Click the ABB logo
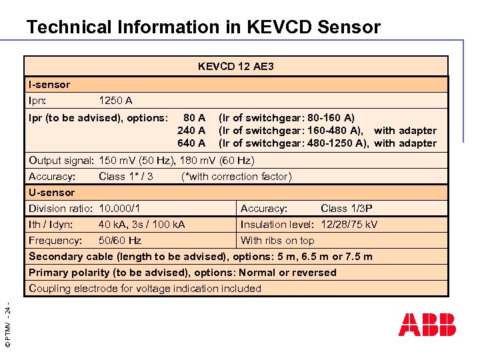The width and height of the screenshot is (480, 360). coord(427,325)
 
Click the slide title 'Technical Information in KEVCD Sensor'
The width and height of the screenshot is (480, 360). coord(203,27)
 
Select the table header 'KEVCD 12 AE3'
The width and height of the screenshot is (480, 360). coord(236,67)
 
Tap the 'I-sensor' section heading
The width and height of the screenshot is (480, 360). coord(49,85)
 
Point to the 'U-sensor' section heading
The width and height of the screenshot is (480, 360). coord(52,193)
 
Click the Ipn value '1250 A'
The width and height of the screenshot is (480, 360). coord(115,101)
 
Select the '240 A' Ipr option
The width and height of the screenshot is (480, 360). coord(191,131)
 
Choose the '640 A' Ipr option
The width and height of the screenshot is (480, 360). coord(191,143)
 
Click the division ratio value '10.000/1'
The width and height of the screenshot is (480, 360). coord(119,209)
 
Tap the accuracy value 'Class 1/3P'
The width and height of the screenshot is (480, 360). coord(347,209)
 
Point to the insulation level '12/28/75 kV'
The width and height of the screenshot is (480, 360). coord(349,225)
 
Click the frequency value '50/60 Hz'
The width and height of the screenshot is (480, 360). coord(120,241)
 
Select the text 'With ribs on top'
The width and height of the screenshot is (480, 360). coord(277,241)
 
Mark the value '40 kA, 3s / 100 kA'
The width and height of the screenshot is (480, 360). coord(142,225)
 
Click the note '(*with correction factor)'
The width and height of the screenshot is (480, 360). coord(236,177)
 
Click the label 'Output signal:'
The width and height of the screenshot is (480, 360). coord(61,161)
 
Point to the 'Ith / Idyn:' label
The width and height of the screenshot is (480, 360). coord(51,225)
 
